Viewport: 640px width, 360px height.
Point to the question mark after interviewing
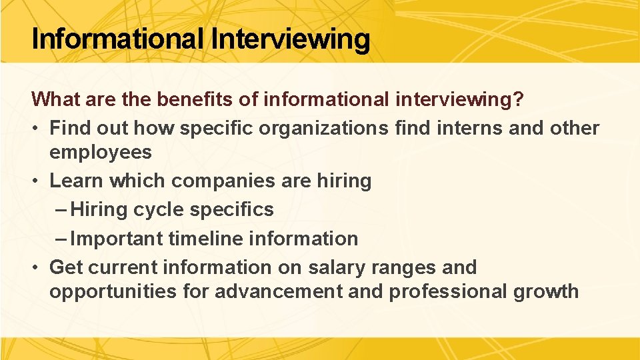click(518, 99)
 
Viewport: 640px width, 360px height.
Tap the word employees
click(101, 152)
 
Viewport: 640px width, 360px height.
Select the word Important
click(117, 239)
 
